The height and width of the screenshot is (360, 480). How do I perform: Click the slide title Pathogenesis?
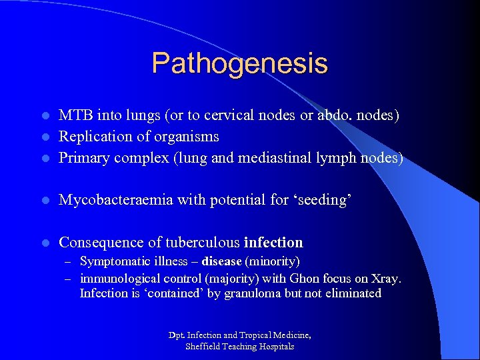tap(239, 63)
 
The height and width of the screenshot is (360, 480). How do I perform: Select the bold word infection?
tap(273, 242)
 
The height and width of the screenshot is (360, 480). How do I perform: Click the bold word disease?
tap(221, 261)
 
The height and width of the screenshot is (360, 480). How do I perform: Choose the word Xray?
tap(387, 277)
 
